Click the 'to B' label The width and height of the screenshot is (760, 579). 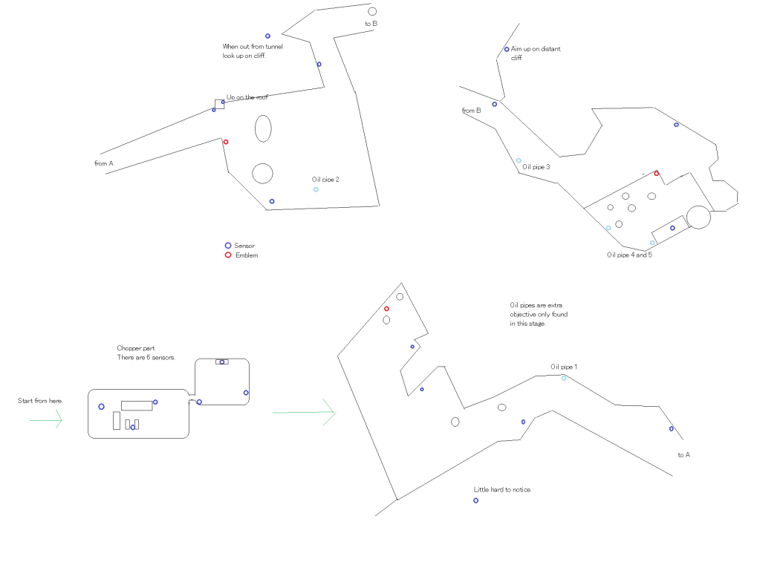coord(371,24)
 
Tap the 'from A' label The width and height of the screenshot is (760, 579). coord(104,163)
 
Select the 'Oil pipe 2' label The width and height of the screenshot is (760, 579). coord(325,180)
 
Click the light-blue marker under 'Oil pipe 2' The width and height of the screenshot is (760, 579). coord(316,190)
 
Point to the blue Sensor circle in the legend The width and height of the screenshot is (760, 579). coord(228,246)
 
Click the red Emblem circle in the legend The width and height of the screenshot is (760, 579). coord(228,255)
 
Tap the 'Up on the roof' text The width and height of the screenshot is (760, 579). coord(247,97)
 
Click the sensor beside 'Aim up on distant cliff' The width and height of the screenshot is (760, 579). coord(507,50)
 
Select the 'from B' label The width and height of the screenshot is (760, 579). coord(471,111)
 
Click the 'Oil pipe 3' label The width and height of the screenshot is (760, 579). coord(536,167)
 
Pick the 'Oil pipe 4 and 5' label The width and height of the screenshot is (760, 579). coord(629,255)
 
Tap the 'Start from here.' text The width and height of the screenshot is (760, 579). coord(40,401)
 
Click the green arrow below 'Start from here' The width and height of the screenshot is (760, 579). coord(45,419)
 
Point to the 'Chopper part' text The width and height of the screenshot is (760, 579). coord(136,348)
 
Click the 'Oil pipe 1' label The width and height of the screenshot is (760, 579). coord(564,367)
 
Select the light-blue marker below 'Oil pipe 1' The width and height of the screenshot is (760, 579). coord(564,378)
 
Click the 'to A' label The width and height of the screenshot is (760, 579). coord(684,455)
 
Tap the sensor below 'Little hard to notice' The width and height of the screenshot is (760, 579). coord(475,500)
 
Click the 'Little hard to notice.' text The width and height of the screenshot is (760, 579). coord(503,490)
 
